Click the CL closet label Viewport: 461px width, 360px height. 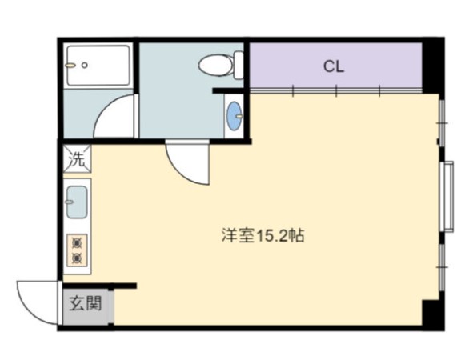[x=334, y=66]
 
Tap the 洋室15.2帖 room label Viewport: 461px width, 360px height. [x=263, y=235]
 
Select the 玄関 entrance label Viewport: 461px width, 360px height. [x=86, y=303]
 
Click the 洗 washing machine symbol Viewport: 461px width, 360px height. [x=77, y=159]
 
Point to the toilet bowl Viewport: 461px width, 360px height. [x=216, y=65]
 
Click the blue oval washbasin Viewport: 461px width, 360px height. [x=235, y=116]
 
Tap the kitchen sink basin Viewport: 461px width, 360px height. [x=77, y=202]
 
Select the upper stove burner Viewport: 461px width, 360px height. [x=77, y=243]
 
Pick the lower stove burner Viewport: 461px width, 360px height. [x=77, y=258]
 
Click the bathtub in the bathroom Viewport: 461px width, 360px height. [x=98, y=66]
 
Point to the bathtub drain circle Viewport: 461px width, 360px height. [x=85, y=66]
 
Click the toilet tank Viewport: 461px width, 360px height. [x=239, y=65]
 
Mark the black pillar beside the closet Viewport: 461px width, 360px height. [x=433, y=66]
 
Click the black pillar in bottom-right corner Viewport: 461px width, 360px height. [x=433, y=314]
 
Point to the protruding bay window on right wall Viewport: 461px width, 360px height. [x=447, y=196]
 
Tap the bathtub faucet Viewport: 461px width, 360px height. [x=70, y=66]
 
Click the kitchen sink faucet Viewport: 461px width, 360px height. [x=69, y=202]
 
